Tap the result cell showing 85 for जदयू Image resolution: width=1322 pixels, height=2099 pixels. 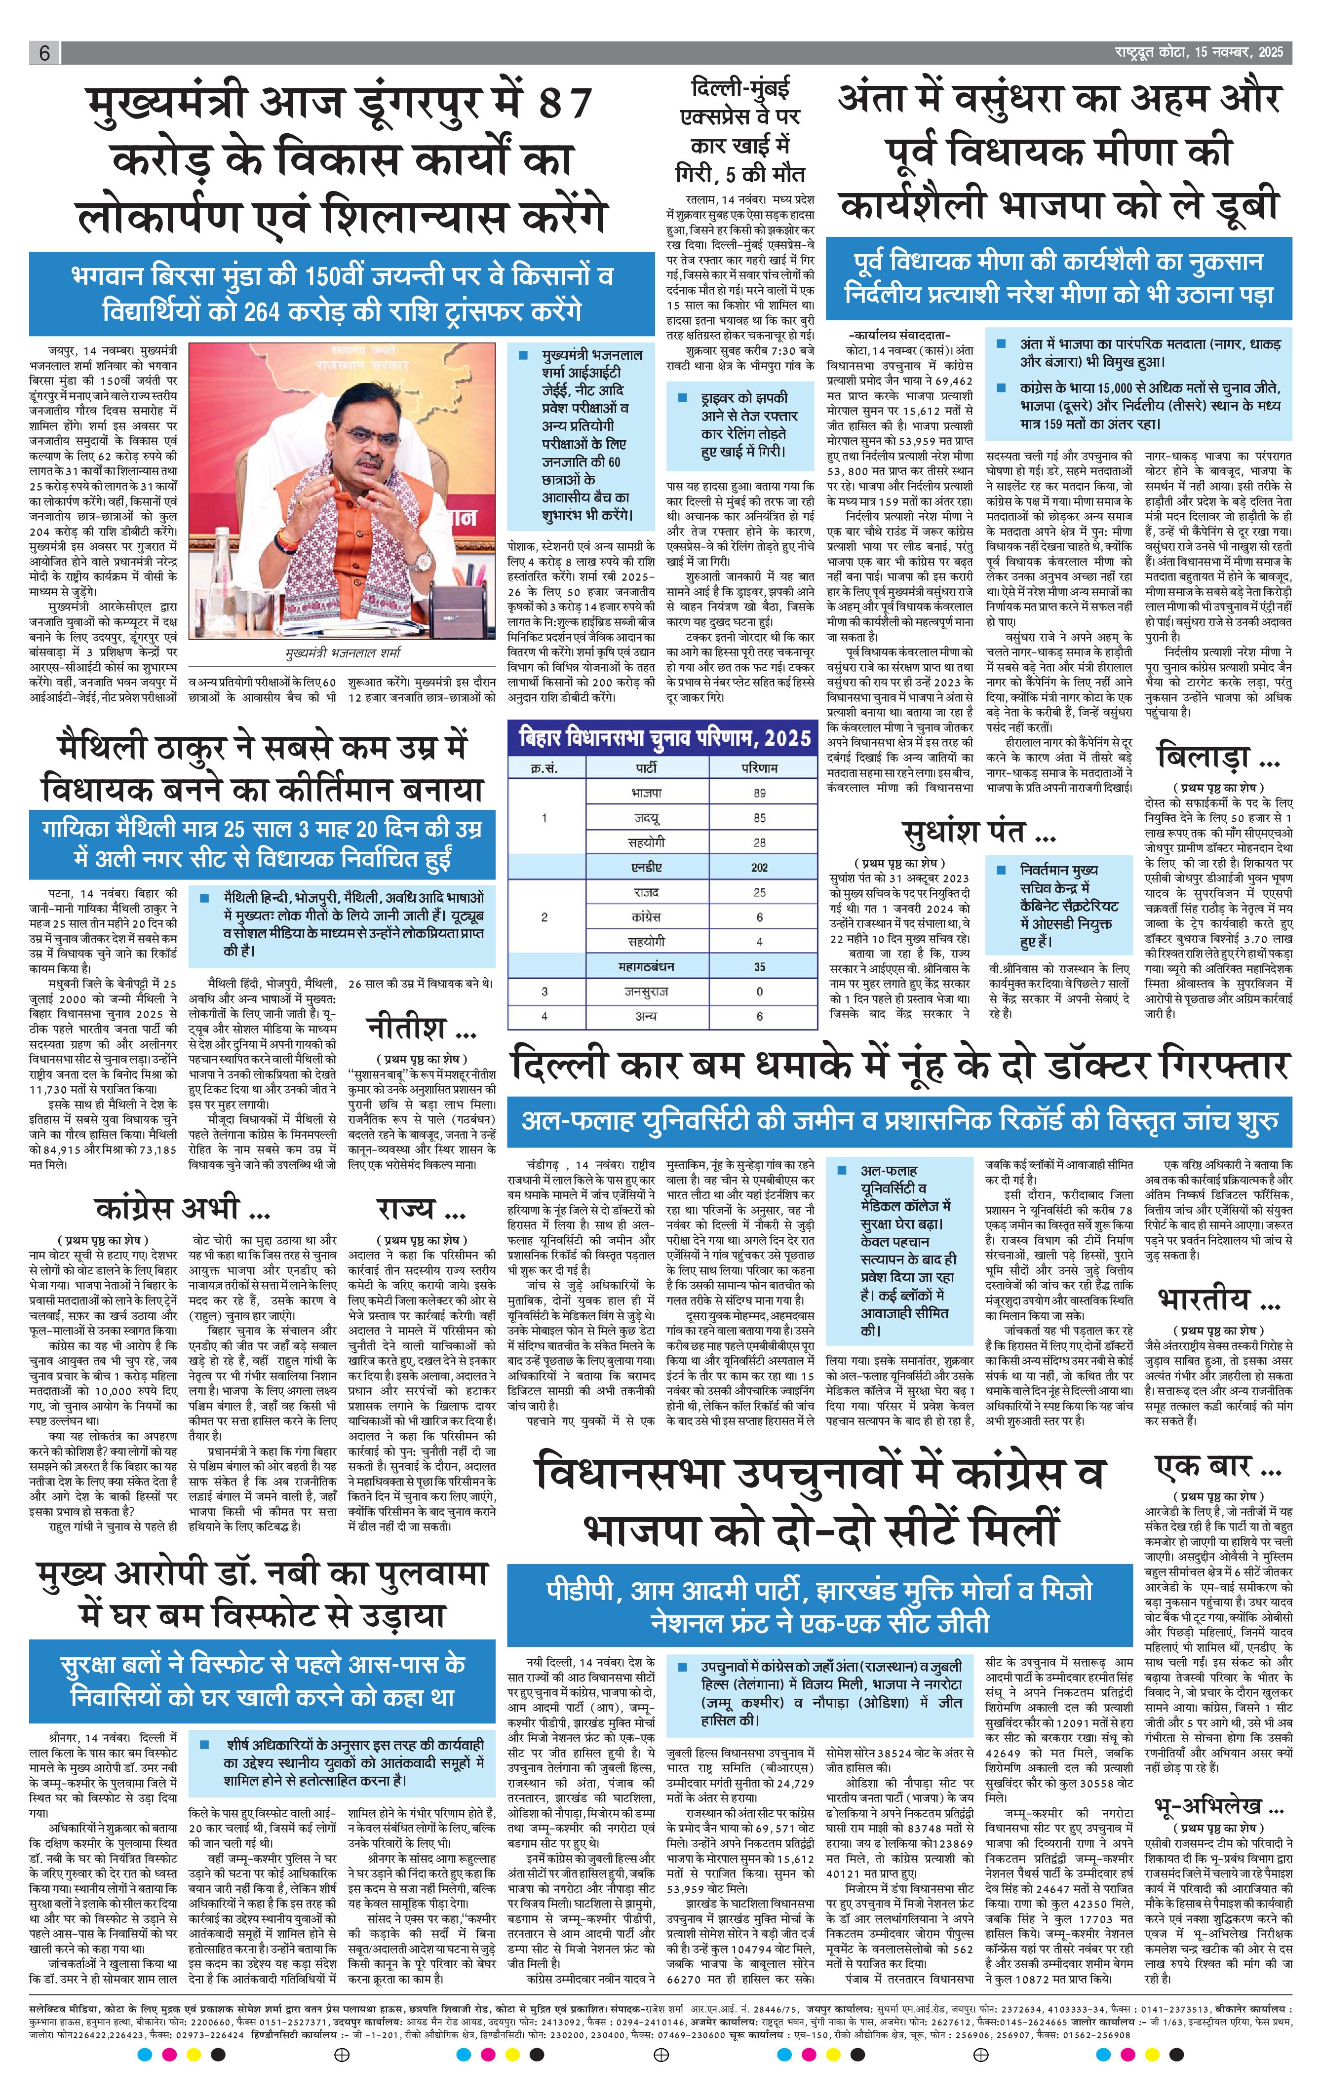click(760, 818)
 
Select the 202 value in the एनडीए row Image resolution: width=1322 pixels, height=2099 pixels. click(760, 867)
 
